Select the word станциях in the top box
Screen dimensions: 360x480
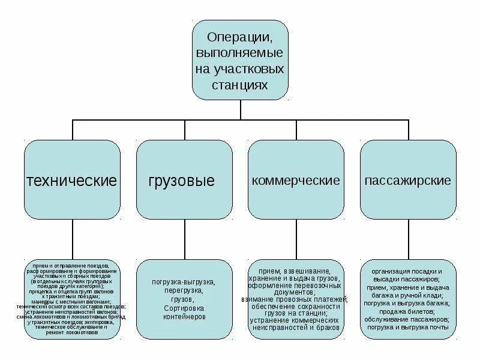coord(240,84)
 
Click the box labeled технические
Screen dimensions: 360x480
coord(73,180)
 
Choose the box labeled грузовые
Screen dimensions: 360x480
coord(184,180)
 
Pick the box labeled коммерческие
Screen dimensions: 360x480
coord(296,180)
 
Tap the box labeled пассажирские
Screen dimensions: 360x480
coord(407,180)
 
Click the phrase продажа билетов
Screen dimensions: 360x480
coord(407,312)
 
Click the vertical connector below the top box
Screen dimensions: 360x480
coord(240,109)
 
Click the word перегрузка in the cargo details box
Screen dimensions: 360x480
coord(184,290)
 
